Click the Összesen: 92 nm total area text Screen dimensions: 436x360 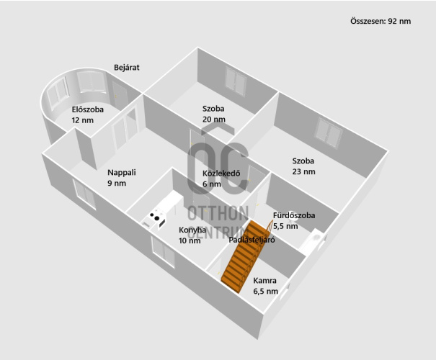pyautogui.click(x=381, y=21)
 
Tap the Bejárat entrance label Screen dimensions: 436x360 pyautogui.click(x=127, y=68)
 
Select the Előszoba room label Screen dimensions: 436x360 pyautogui.click(x=88, y=109)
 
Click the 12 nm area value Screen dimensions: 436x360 pyautogui.click(x=83, y=120)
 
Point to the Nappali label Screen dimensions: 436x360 pyautogui.click(x=122, y=173)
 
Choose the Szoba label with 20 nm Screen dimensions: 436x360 pyautogui.click(x=213, y=109)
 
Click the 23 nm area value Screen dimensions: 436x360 pyautogui.click(x=303, y=171)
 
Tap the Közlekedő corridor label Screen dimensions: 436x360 pyautogui.click(x=221, y=174)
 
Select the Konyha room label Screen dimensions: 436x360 pyautogui.click(x=192, y=230)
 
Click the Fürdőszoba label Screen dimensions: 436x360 pyautogui.click(x=294, y=215)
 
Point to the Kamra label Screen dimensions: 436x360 pyautogui.click(x=264, y=281)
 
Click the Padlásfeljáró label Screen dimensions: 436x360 pyautogui.click(x=252, y=240)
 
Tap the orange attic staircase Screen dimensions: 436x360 pyautogui.click(x=244, y=256)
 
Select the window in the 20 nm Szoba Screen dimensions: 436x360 pyautogui.click(x=236, y=81)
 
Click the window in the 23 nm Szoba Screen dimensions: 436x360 pyautogui.click(x=328, y=132)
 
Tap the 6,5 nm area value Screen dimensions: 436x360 pyautogui.click(x=265, y=291)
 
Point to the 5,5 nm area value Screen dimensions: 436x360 pyautogui.click(x=285, y=226)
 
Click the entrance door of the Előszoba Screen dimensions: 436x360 pyautogui.click(x=120, y=95)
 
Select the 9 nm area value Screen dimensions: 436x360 pyautogui.click(x=117, y=184)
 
